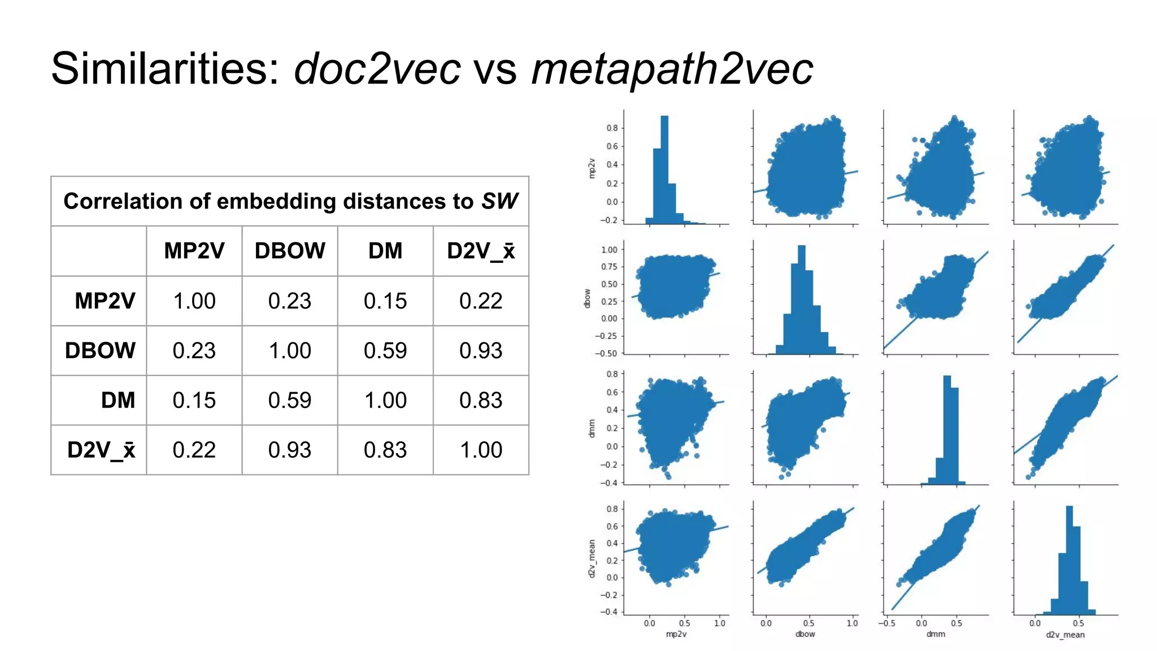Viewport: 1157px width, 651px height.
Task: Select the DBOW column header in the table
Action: coord(290,251)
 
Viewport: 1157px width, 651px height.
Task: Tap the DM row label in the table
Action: coord(118,400)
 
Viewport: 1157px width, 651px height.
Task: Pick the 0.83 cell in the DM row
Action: coord(481,400)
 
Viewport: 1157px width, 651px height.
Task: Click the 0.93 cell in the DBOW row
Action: coord(481,350)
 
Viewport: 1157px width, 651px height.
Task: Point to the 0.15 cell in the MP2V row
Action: coord(385,301)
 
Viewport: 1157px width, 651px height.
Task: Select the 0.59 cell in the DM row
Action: coord(290,400)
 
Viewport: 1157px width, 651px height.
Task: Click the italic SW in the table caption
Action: coord(499,201)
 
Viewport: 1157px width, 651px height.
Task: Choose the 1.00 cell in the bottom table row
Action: coord(481,450)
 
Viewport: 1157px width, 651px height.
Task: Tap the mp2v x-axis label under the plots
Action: coord(676,634)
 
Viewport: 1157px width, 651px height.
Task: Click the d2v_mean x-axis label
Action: coord(1065,635)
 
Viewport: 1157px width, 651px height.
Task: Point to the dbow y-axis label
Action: coord(587,298)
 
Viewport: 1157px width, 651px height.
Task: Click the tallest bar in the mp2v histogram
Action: coord(664,170)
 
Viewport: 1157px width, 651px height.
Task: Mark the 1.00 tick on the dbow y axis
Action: coord(609,250)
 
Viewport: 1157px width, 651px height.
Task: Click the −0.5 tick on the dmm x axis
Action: coord(886,623)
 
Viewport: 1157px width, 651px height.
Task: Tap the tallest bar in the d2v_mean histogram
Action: coord(1069,559)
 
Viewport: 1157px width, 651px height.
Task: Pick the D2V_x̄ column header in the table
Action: coord(481,251)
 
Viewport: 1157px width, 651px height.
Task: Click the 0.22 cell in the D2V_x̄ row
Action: coord(194,450)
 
